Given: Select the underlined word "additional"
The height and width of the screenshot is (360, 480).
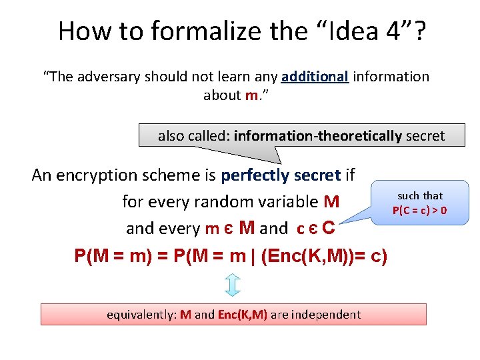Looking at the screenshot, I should (x=315, y=77).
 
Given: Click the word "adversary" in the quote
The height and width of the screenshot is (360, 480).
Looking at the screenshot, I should (x=112, y=77).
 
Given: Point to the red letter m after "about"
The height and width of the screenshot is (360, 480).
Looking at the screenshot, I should (x=251, y=95).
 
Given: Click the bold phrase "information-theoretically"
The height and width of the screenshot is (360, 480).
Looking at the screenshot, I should (x=318, y=136).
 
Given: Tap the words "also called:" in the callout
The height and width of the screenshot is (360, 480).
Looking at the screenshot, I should (x=194, y=136).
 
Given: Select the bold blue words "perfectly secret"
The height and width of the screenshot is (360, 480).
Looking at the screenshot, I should (x=281, y=175).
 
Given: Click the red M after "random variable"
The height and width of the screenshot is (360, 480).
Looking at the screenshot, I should (x=331, y=201).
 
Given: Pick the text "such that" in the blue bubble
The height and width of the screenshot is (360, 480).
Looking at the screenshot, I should (x=420, y=195).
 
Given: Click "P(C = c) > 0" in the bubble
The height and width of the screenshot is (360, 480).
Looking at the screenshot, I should (x=419, y=211).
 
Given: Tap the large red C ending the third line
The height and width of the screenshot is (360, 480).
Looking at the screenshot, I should (x=328, y=228).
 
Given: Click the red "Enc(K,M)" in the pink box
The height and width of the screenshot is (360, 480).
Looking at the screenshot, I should (x=243, y=314).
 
